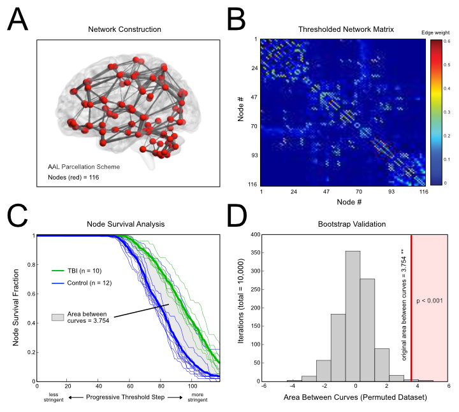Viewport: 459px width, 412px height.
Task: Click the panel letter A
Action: point(18,24)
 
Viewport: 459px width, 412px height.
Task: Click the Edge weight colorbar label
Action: point(436,31)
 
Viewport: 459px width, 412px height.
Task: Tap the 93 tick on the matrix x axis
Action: point(391,191)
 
